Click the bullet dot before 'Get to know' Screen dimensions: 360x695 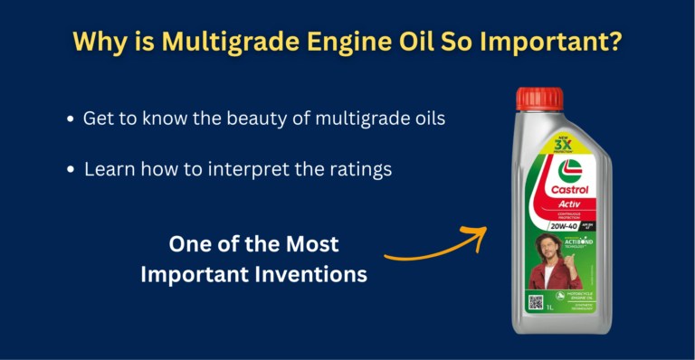pyautogui.click(x=70, y=120)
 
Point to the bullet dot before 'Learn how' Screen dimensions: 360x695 pyautogui.click(x=70, y=170)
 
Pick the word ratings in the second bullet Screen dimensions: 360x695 pyautogui.click(x=361, y=169)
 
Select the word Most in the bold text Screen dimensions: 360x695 pyautogui.click(x=306, y=244)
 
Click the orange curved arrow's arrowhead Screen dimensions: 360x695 pyautogui.click(x=477, y=234)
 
